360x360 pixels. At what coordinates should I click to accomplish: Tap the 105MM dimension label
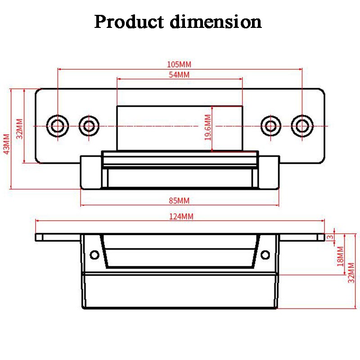(179, 64)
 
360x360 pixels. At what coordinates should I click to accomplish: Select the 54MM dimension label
(179, 75)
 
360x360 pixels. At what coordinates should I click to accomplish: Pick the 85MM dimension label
(179, 200)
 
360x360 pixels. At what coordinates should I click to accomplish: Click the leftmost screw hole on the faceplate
(58, 125)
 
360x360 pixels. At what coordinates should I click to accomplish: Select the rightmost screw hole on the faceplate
(301, 125)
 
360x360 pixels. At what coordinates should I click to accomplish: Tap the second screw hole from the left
(89, 125)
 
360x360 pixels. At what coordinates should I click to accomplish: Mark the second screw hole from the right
(270, 125)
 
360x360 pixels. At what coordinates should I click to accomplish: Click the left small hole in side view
(94, 255)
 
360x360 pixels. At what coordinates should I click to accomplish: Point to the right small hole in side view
(266, 255)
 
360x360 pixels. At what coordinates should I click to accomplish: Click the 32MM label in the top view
(19, 129)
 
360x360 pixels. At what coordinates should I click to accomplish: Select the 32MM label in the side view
(351, 273)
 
